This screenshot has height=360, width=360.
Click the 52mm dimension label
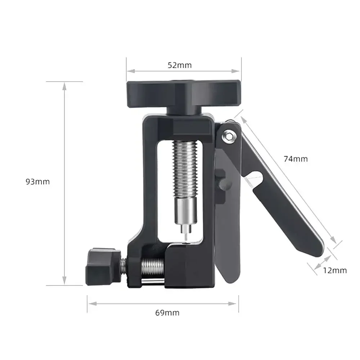(180, 65)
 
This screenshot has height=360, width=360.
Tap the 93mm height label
(37, 182)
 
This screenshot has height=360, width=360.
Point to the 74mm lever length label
(296, 158)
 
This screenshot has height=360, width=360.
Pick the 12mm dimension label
(335, 270)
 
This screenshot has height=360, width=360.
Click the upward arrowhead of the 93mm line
(64, 85)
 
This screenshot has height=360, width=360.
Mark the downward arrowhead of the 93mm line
(64, 282)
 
